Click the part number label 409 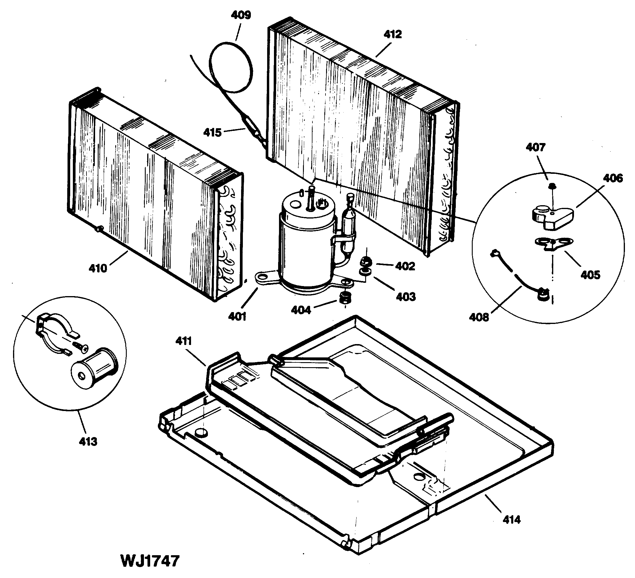[x=241, y=15]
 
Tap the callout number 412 [x=392, y=34]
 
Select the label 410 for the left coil [x=98, y=268]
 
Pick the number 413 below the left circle [x=88, y=441]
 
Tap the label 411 [x=184, y=341]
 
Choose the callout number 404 [x=301, y=310]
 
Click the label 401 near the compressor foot [x=237, y=316]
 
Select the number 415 [x=212, y=133]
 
